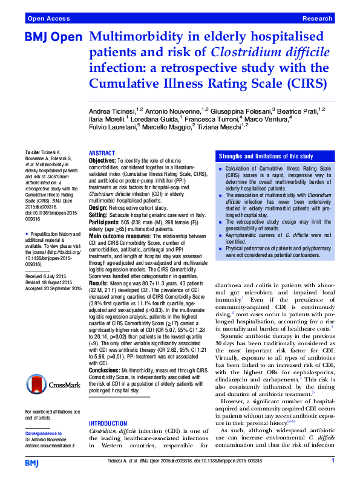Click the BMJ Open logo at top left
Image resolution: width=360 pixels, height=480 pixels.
pos(53,37)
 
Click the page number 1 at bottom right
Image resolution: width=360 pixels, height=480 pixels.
pos(333,461)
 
